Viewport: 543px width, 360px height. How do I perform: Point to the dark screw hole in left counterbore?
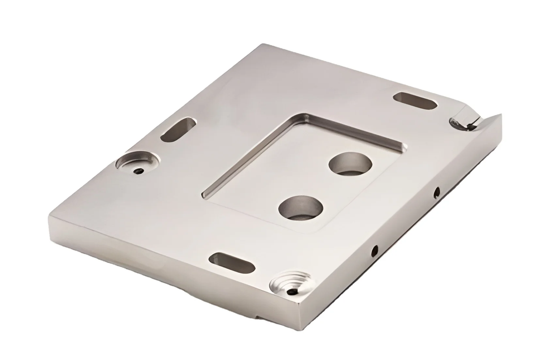tap(140, 171)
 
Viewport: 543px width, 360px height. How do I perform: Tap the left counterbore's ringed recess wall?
tap(148, 159)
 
